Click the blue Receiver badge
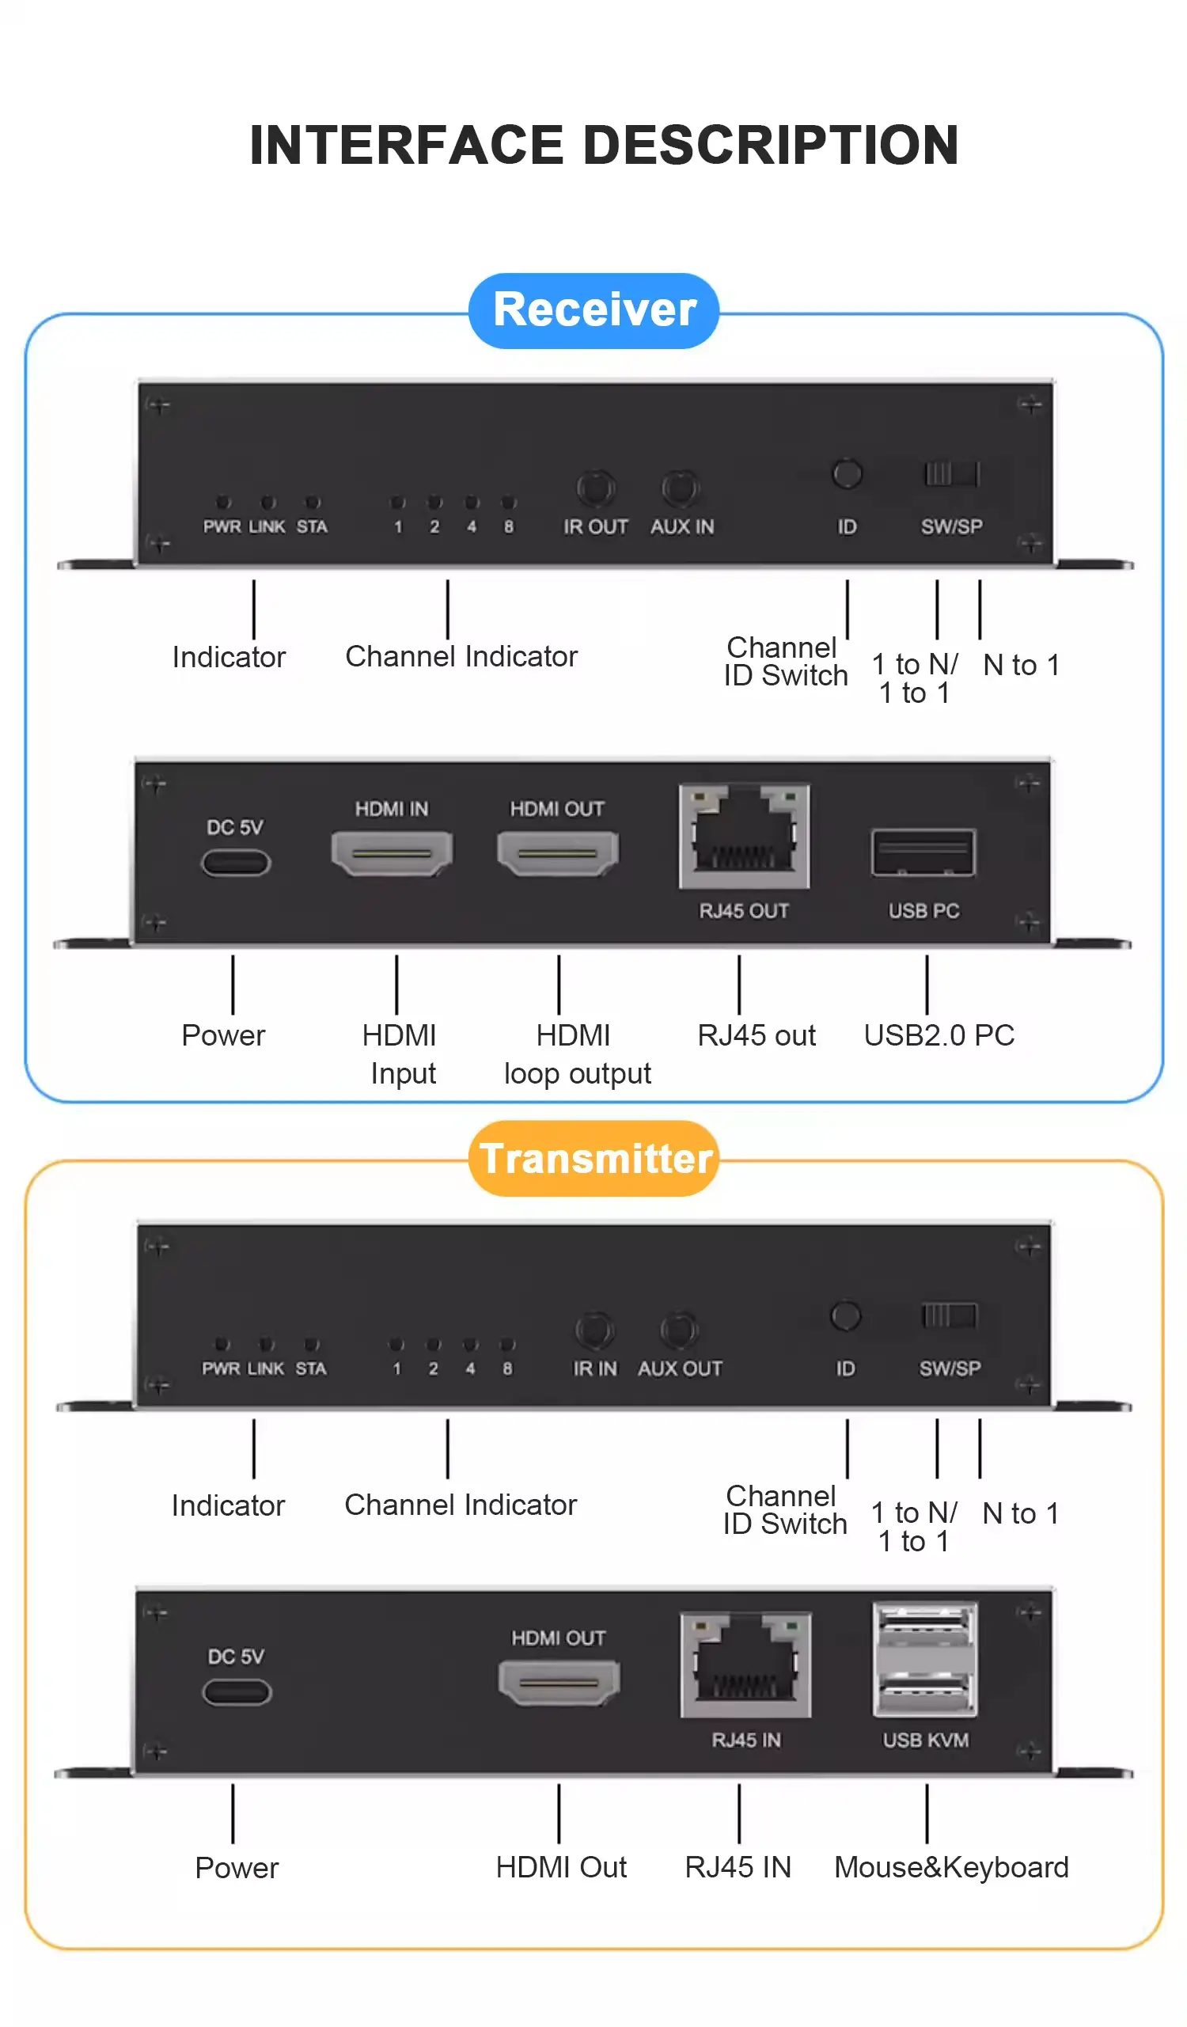point(593,310)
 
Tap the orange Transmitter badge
point(593,1158)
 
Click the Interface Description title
point(604,146)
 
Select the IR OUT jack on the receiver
point(595,488)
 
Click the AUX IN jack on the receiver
point(681,488)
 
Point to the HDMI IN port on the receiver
point(392,852)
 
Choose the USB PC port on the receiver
point(923,852)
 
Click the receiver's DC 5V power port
point(236,863)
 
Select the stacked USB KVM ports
point(925,1659)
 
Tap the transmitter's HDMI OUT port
point(559,1683)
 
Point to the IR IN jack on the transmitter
point(594,1330)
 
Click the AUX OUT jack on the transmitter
point(680,1330)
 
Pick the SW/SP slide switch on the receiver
point(950,474)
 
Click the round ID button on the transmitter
point(845,1316)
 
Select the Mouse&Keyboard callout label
point(951,1868)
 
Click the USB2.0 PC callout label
point(939,1035)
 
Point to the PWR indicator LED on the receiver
point(224,503)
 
